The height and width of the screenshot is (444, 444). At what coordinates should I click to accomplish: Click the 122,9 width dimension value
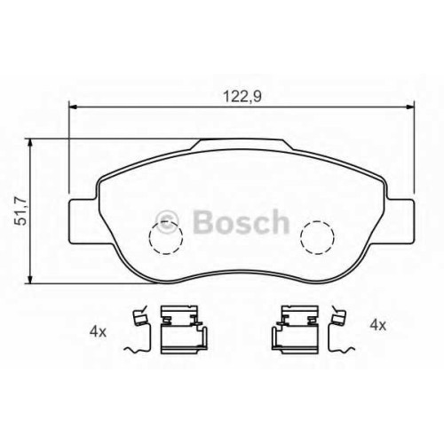tap(242, 97)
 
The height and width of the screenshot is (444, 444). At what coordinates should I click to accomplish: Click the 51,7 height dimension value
tap(21, 211)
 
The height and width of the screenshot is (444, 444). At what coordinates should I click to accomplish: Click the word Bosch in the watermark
tap(241, 222)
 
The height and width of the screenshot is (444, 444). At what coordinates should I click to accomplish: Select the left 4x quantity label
tap(98, 332)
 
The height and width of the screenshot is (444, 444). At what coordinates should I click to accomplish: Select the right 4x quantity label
tap(378, 326)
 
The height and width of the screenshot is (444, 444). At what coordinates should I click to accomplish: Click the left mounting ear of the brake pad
tap(83, 221)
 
